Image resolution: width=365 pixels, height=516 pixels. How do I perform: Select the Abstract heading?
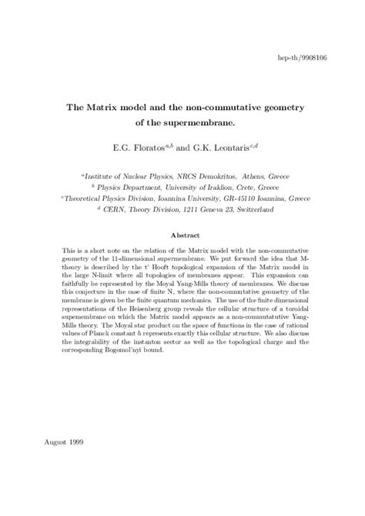tap(182, 235)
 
